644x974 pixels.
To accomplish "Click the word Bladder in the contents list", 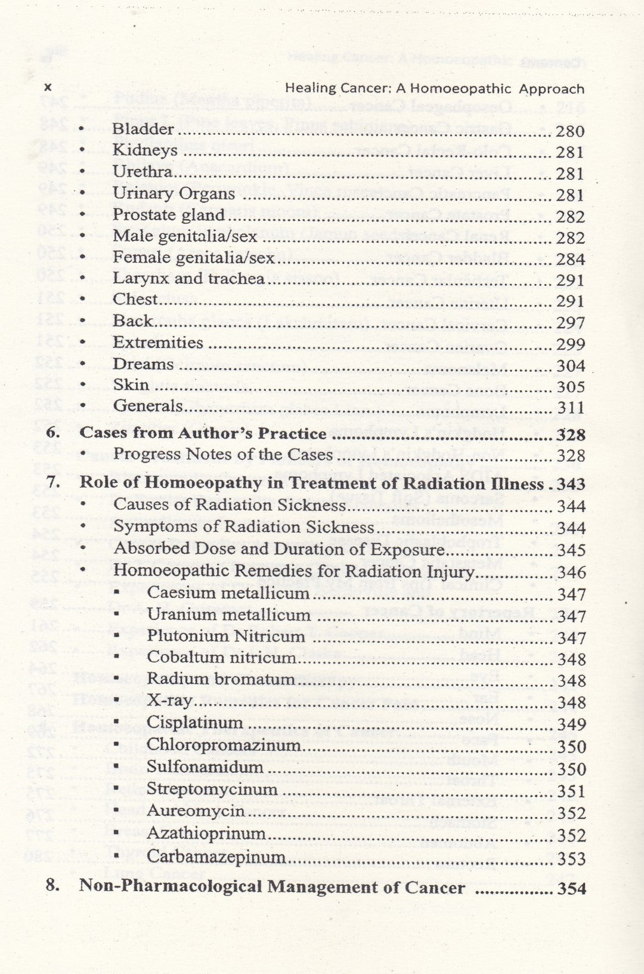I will coord(143,129).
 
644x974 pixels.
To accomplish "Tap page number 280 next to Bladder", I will coord(570,131).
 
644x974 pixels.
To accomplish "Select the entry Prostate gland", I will coord(169,215).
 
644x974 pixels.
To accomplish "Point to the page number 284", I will coord(570,259).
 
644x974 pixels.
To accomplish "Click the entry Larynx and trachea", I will coord(188,279).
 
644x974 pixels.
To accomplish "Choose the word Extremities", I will coord(158,343).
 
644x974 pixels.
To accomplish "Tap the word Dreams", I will coord(143,364).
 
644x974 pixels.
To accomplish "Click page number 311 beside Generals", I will coord(570,408).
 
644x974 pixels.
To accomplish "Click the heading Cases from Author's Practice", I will coord(203,433).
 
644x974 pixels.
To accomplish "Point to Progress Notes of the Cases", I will coord(223,454).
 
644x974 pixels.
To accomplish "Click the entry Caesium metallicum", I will coord(228,593).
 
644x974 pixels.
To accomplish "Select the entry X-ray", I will coord(169,701).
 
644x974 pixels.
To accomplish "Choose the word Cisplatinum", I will coord(194,723).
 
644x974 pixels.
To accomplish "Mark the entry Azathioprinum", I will coord(206,834).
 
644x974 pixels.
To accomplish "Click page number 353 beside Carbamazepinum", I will coord(571,859).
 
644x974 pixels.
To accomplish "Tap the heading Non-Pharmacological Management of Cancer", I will coord(272,887).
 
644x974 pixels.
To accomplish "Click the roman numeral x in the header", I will coord(48,88).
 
